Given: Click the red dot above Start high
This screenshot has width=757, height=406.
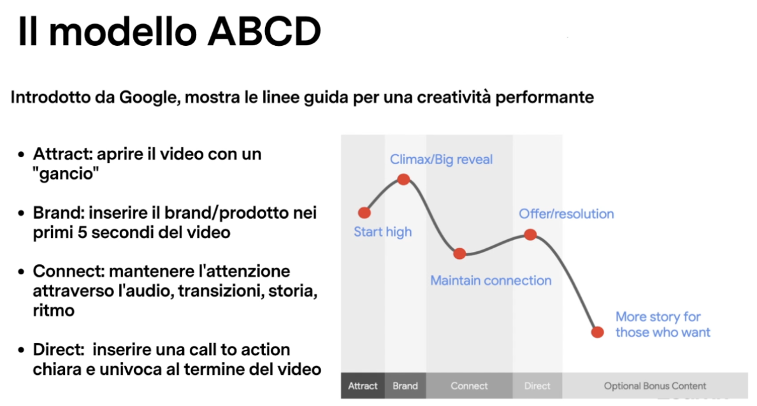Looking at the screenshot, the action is (x=364, y=213).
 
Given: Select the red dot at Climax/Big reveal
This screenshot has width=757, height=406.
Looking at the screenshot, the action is (x=403, y=180).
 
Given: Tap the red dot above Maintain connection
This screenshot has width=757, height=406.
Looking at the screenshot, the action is (x=459, y=254).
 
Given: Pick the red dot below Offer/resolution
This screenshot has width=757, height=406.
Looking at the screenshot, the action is (x=531, y=235).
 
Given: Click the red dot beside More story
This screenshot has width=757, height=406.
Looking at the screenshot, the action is (x=598, y=332).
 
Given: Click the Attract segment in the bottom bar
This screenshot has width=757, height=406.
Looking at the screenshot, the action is (x=363, y=386).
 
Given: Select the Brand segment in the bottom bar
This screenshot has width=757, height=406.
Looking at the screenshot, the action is (x=405, y=386).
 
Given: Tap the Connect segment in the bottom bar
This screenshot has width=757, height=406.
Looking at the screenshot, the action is (x=469, y=386).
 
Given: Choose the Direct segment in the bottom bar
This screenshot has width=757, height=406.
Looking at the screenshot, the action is (x=537, y=386).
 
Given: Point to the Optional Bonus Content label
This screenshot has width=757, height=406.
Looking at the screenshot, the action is (x=655, y=386).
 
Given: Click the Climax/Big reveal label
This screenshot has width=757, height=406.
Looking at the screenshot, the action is (x=441, y=160).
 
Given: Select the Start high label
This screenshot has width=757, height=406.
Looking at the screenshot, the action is (x=383, y=232).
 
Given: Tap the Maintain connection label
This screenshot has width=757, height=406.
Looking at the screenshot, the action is (x=491, y=280).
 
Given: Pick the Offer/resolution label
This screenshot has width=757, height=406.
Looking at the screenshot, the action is (x=566, y=214).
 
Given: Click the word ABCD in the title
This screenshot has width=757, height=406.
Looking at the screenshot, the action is (x=264, y=32).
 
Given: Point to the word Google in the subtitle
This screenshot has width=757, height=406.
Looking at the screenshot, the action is (x=150, y=98).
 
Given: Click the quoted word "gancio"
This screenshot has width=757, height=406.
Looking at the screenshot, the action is (x=66, y=174).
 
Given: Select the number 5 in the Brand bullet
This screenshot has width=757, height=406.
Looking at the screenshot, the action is (x=82, y=232).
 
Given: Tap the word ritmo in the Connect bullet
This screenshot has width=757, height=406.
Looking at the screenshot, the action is (x=54, y=311).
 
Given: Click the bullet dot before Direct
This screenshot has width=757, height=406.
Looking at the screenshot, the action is (x=21, y=350).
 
